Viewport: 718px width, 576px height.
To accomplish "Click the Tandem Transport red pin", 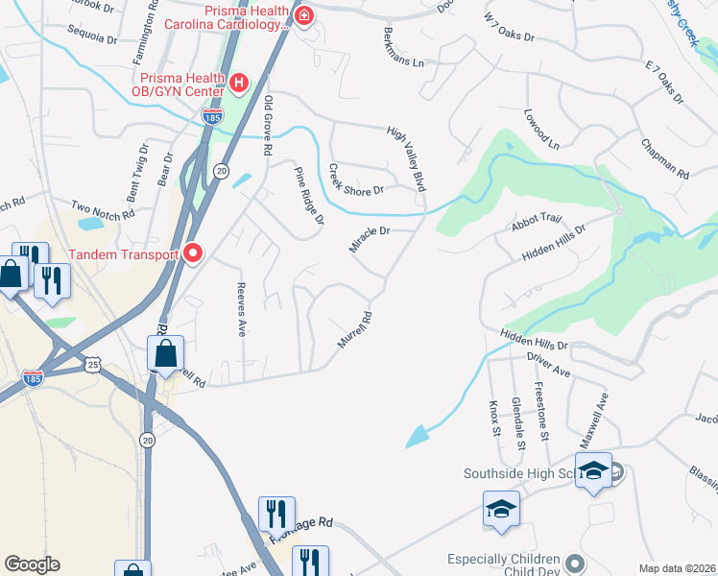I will click(193, 253).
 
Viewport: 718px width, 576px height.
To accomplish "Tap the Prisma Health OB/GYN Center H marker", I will click(238, 83).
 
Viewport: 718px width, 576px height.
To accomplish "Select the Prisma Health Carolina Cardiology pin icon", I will click(303, 15).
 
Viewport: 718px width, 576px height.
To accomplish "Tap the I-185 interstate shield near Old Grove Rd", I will click(212, 117).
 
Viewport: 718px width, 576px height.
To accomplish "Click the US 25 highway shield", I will click(92, 365).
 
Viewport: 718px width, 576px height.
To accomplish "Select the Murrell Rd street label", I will click(353, 328).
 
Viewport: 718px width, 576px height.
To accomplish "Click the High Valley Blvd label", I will click(406, 158).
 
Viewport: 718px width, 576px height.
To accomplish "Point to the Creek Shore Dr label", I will click(356, 180).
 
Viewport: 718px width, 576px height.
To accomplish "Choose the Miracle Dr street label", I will click(369, 240).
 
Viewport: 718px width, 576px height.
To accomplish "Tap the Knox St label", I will click(495, 417).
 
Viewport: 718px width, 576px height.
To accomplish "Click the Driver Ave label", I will click(548, 365).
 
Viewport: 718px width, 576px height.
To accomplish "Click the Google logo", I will click(32, 564).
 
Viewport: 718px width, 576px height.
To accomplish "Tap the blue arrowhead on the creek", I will click(417, 437).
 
